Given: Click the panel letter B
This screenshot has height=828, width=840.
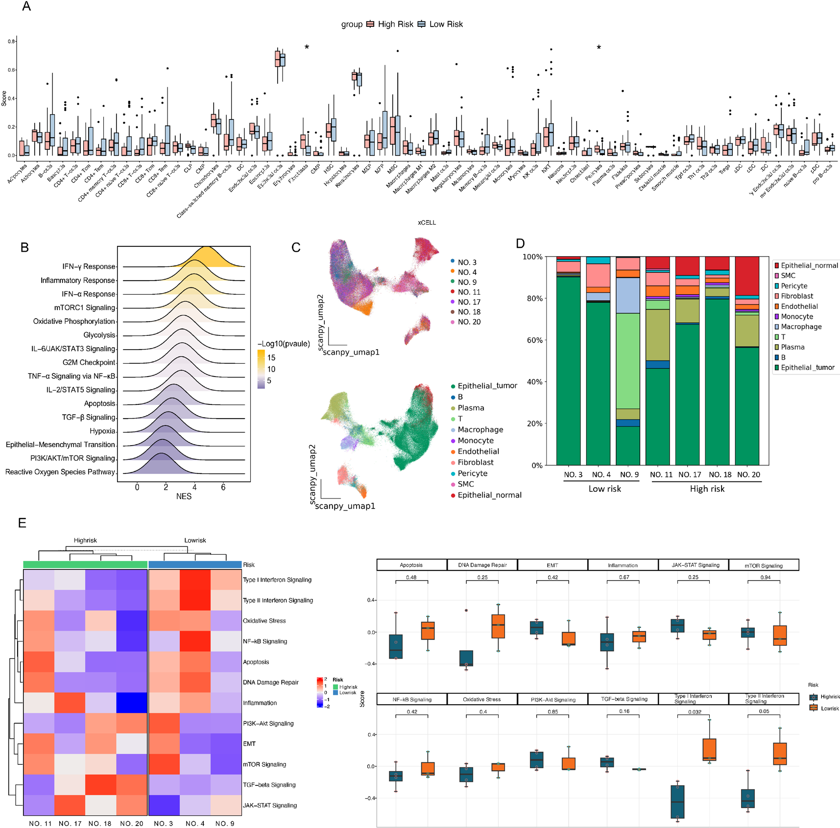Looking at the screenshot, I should coord(24,247).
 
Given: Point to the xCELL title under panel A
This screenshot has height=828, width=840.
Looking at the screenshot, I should coord(427,222).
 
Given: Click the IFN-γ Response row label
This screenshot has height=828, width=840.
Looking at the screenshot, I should coord(89,266).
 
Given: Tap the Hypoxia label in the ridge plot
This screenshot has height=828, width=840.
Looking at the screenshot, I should coord(102,431).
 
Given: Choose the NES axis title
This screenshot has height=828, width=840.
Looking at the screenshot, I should coord(184,496).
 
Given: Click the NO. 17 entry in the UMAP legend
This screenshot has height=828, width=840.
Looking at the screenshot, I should coord(469,302).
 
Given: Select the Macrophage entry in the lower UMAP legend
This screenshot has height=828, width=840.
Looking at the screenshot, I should coord(480,429).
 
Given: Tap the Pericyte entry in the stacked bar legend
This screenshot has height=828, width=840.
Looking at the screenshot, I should coord(794,286).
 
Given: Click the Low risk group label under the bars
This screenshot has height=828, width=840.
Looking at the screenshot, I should coord(604,489).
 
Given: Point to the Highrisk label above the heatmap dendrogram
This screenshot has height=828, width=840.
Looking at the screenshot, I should coord(85,540).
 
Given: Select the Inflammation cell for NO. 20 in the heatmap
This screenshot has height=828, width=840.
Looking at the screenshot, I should coord(132,703).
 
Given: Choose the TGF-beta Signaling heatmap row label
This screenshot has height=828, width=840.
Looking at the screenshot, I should coord(269,784).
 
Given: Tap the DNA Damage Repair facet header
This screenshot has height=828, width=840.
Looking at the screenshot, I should coord(482,565).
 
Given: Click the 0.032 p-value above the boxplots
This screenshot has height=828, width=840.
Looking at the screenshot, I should coord(694,712).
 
